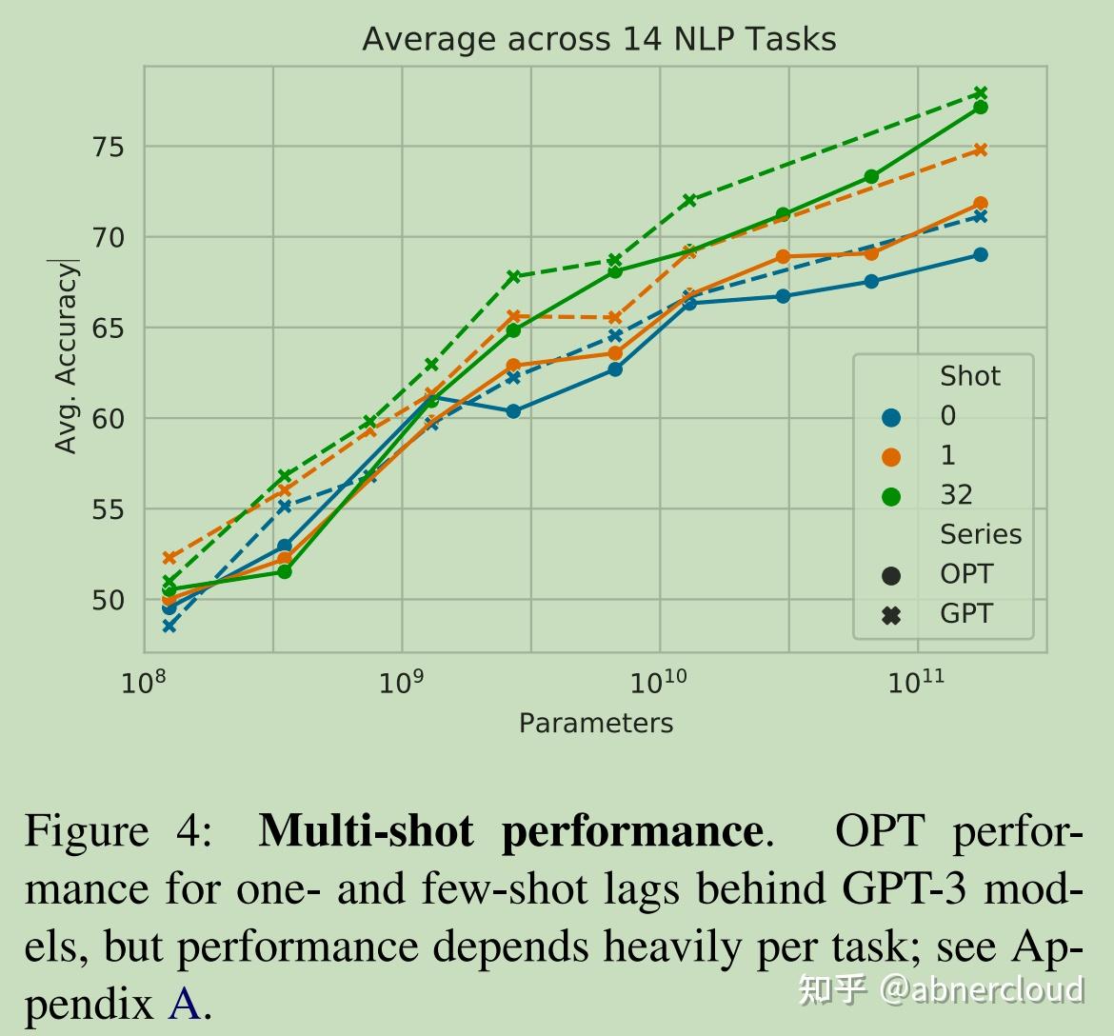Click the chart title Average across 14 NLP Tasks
pyautogui.click(x=599, y=39)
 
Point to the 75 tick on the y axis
pyautogui.click(x=108, y=147)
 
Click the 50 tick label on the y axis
pyautogui.click(x=108, y=600)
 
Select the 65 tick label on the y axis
pyautogui.click(x=108, y=329)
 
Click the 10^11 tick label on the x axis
pyautogui.click(x=916, y=682)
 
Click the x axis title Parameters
pyautogui.click(x=595, y=724)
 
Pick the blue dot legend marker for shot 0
pyautogui.click(x=891, y=417)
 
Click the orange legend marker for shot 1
pyautogui.click(x=891, y=457)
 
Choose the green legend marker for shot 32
pyautogui.click(x=891, y=496)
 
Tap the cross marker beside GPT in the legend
pyautogui.click(x=891, y=615)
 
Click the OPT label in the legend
pyautogui.click(x=965, y=574)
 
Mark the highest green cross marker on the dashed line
pyautogui.click(x=980, y=93)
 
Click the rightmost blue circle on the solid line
pyautogui.click(x=980, y=255)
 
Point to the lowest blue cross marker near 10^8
pyautogui.click(x=169, y=626)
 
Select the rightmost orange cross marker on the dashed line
pyautogui.click(x=980, y=149)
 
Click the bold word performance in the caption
pyautogui.click(x=630, y=830)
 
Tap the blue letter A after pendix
pyautogui.click(x=185, y=1005)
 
